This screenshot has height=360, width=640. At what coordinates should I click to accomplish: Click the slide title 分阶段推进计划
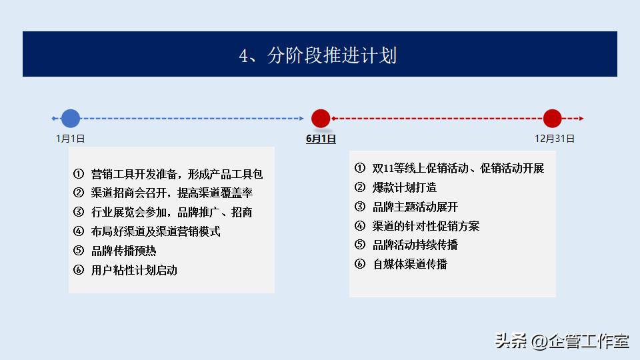318,55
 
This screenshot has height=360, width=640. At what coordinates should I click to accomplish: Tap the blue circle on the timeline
71,119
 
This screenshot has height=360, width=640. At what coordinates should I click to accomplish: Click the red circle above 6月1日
321,119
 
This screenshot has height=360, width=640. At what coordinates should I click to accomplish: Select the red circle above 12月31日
552,119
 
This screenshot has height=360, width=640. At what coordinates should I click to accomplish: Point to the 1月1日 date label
70,139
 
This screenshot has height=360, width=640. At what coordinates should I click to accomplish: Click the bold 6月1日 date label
321,139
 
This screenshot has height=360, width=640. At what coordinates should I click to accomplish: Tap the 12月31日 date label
555,139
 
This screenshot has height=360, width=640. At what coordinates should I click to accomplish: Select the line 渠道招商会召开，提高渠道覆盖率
171,193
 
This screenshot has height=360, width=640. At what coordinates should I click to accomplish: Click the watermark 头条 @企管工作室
561,341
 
